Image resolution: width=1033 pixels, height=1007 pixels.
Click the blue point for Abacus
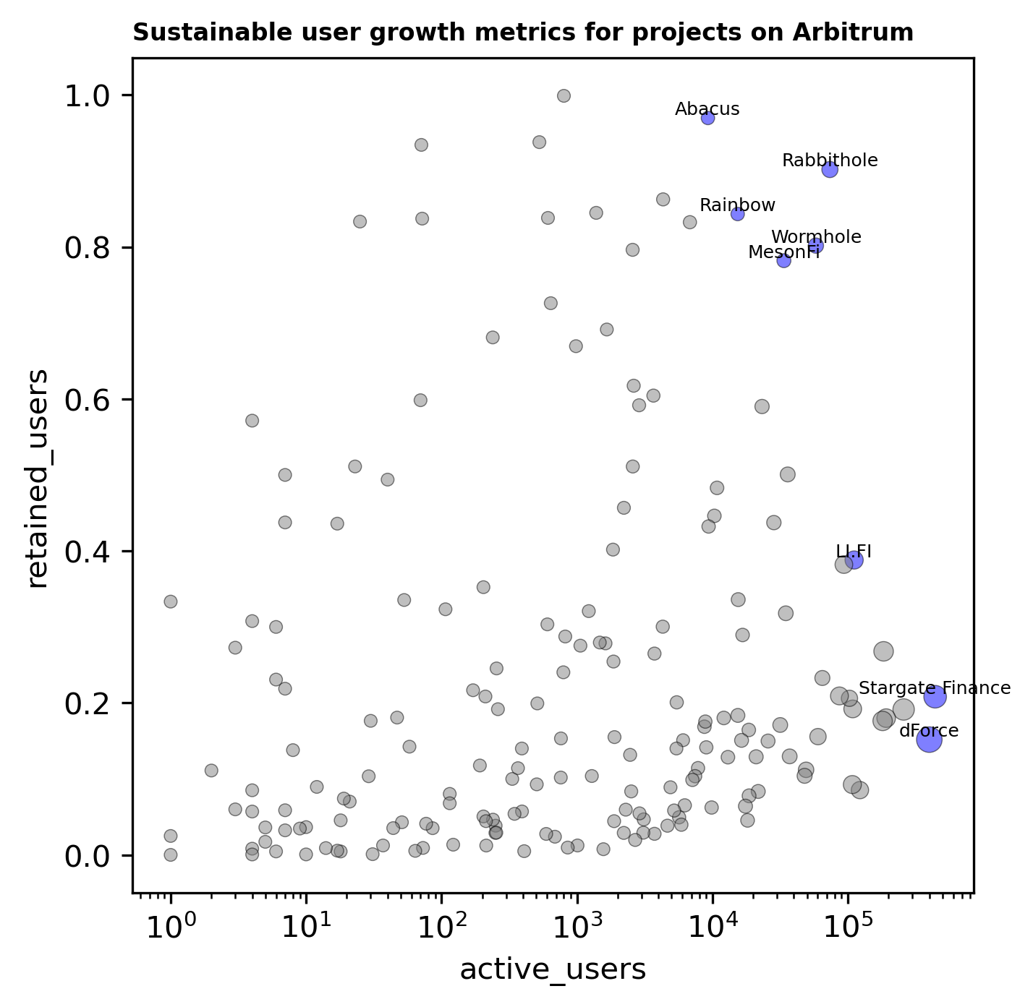tap(707, 118)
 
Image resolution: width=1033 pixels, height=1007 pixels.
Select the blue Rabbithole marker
tap(830, 169)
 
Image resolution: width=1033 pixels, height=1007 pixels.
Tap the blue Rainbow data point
tap(738, 213)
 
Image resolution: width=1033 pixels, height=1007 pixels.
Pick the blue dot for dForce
tap(929, 740)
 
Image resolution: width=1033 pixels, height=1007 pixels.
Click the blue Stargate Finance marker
tap(935, 697)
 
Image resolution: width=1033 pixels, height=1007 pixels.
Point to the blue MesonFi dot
tap(783, 260)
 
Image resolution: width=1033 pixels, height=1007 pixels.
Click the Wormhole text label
tap(816, 237)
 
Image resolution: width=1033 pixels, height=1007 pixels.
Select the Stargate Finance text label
tap(934, 687)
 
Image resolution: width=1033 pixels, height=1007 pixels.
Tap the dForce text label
tap(929, 731)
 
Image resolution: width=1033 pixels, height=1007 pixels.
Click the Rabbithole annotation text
tap(830, 160)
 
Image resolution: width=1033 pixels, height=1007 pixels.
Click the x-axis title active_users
tap(553, 969)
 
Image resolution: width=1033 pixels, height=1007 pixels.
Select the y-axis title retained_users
tap(38, 479)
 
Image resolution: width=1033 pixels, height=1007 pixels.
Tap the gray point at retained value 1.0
tap(564, 95)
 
